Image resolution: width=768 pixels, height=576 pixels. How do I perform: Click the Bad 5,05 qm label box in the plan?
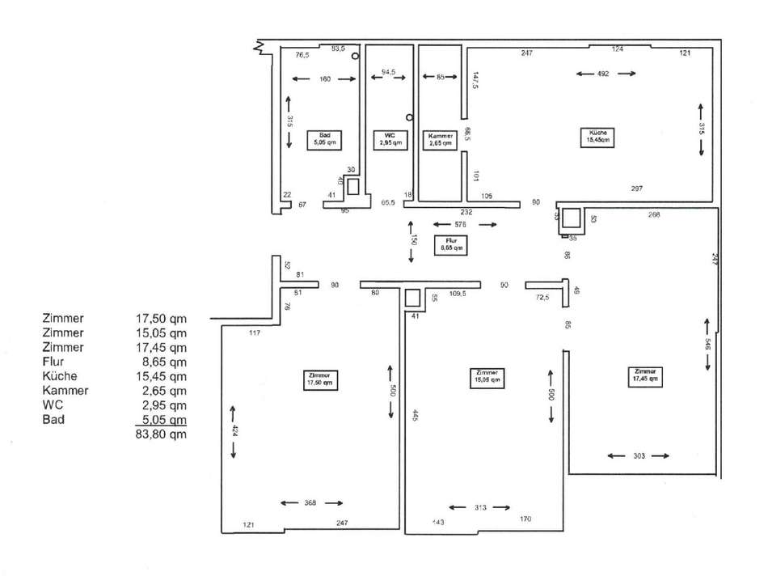tap(325, 138)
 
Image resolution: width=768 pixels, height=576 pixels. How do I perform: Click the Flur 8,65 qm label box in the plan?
tap(451, 244)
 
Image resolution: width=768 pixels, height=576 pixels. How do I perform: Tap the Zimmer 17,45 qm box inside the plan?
tap(648, 375)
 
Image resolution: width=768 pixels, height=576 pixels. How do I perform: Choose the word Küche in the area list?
tap(57, 376)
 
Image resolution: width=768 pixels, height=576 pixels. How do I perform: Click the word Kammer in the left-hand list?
tap(64, 391)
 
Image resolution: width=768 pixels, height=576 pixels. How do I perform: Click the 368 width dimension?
tap(311, 502)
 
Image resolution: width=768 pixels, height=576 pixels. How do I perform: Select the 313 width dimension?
tap(479, 507)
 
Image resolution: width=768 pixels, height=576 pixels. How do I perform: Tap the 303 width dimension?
tap(638, 456)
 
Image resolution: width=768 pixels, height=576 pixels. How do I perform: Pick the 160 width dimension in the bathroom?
tap(324, 78)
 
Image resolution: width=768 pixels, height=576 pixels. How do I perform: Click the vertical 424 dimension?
tap(234, 430)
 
